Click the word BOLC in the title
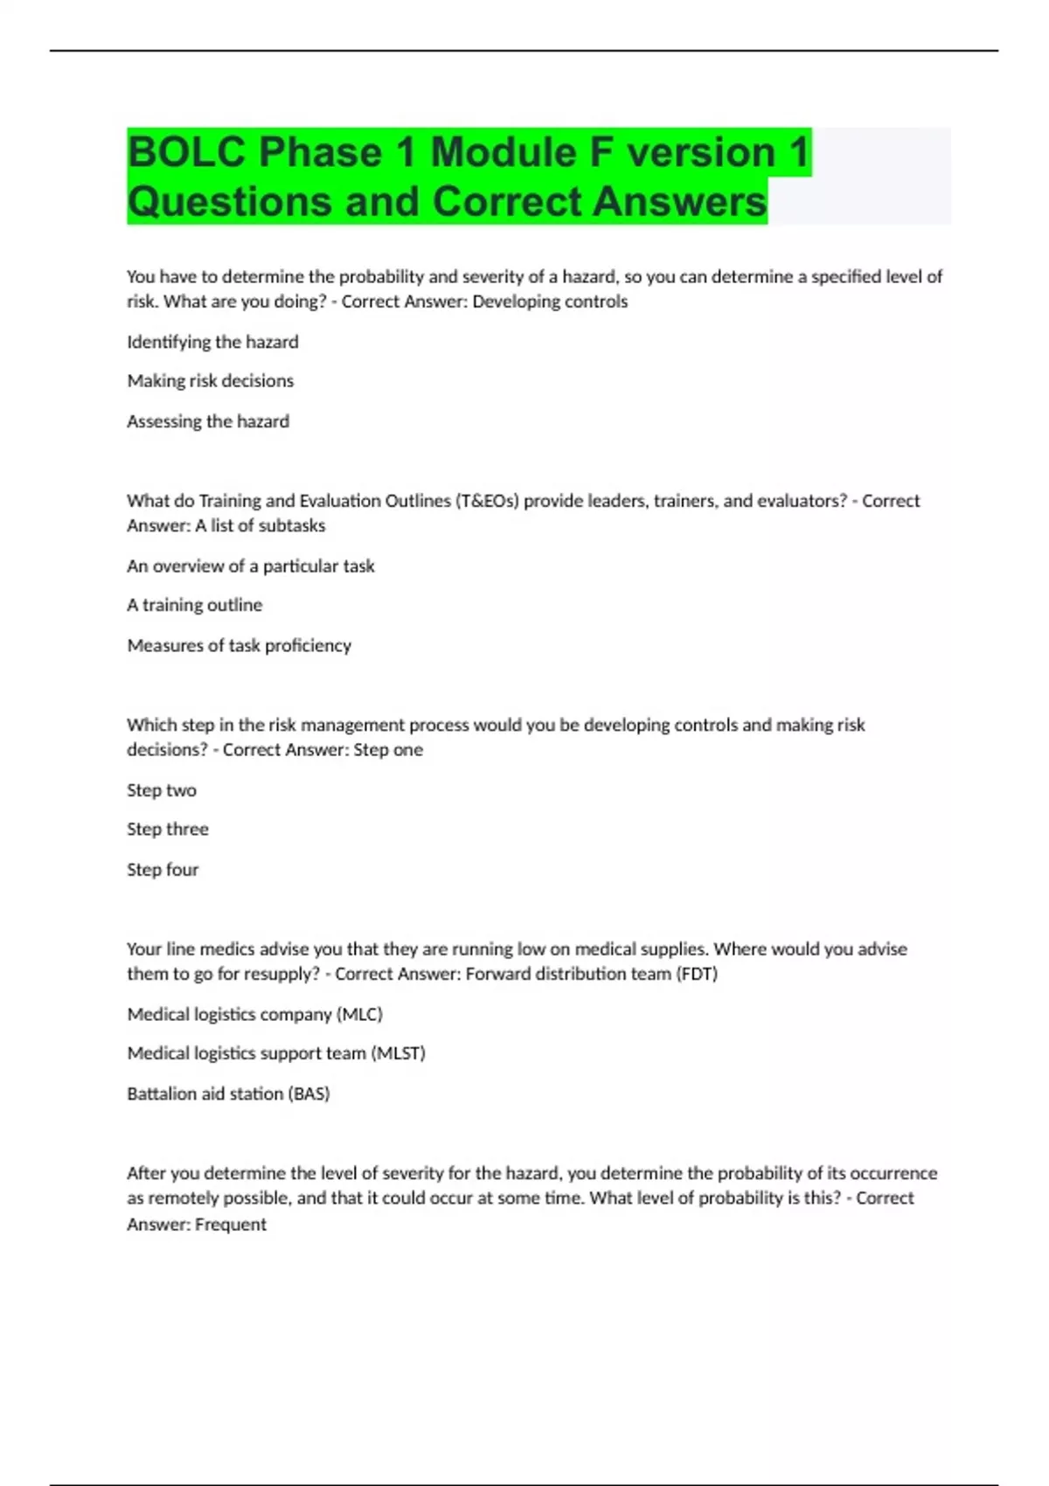click(x=186, y=153)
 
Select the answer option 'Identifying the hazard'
click(x=212, y=342)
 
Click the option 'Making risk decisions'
click(x=211, y=381)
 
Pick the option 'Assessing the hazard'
click(x=208, y=421)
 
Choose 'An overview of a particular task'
click(x=251, y=566)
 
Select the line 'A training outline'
click(x=195, y=605)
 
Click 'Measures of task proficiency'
click(x=240, y=645)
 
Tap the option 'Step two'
click(x=162, y=790)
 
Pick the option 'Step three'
click(x=168, y=830)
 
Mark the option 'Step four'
click(x=163, y=870)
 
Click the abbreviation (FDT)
click(x=697, y=974)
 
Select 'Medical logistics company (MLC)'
click(x=255, y=1015)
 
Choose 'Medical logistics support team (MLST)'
click(x=276, y=1053)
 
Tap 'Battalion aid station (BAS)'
click(x=228, y=1094)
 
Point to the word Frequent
click(x=231, y=1225)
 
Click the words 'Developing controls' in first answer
click(x=550, y=302)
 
